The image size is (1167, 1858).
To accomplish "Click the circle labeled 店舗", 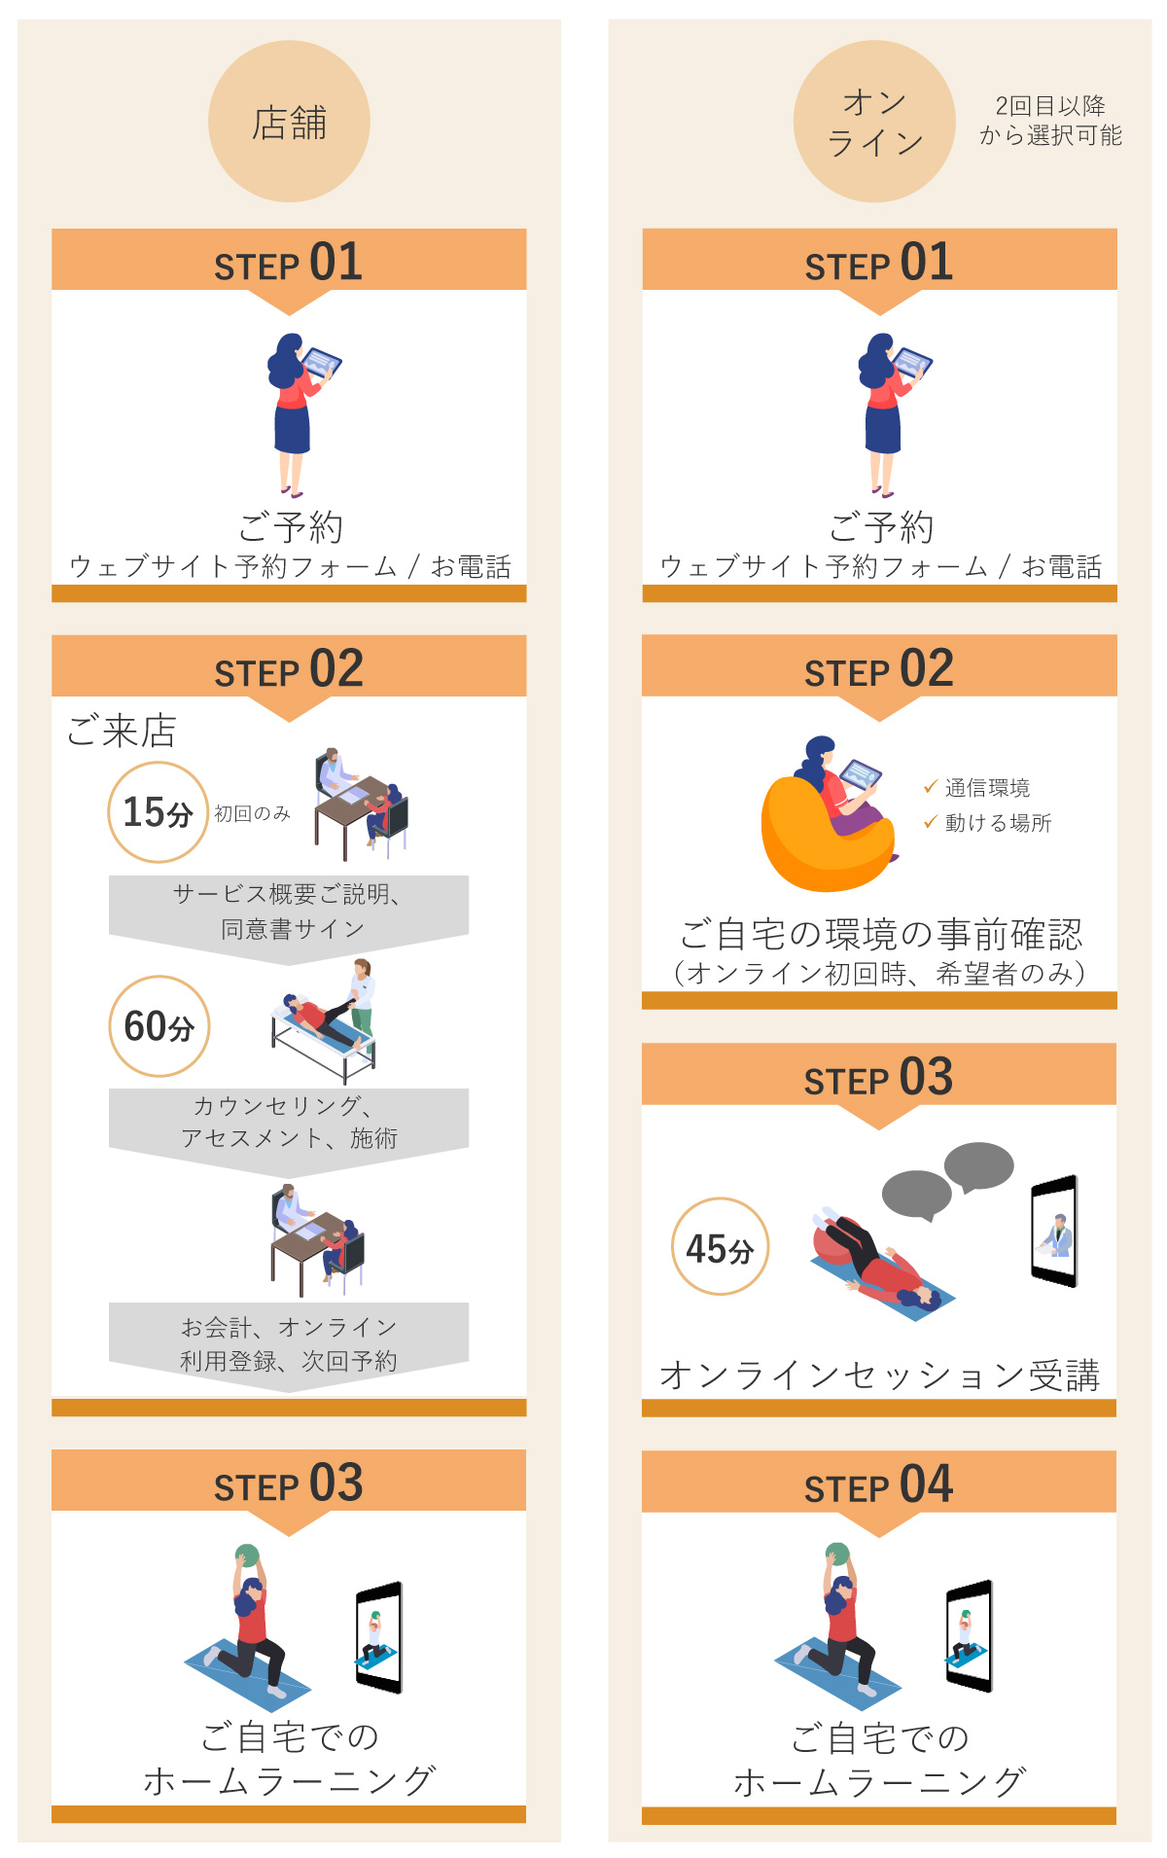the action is click(x=289, y=122).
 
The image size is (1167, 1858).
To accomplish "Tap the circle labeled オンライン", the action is click(x=874, y=122).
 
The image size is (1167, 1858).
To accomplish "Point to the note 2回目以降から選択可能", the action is click(x=1050, y=121).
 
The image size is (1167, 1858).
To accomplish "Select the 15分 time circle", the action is click(x=158, y=812).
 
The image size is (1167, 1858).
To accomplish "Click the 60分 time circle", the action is click(x=159, y=1026).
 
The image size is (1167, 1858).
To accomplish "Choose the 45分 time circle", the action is click(x=721, y=1246).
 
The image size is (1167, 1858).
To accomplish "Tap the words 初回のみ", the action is click(x=253, y=813).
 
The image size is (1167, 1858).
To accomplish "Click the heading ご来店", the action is click(x=122, y=731).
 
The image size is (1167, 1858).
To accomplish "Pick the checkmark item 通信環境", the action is click(x=976, y=787).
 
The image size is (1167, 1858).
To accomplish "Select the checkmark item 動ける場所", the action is click(x=987, y=823).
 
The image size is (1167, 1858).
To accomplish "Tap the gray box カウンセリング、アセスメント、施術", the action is click(x=289, y=1128).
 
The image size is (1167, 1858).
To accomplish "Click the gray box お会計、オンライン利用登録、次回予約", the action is click(x=289, y=1344).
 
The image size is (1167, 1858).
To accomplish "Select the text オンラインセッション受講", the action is click(x=879, y=1376).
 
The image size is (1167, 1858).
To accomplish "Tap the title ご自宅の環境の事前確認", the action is click(x=880, y=934).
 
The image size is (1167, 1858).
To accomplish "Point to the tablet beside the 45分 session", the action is click(x=1055, y=1231).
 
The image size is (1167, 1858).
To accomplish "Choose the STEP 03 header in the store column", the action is click(x=289, y=1484).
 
